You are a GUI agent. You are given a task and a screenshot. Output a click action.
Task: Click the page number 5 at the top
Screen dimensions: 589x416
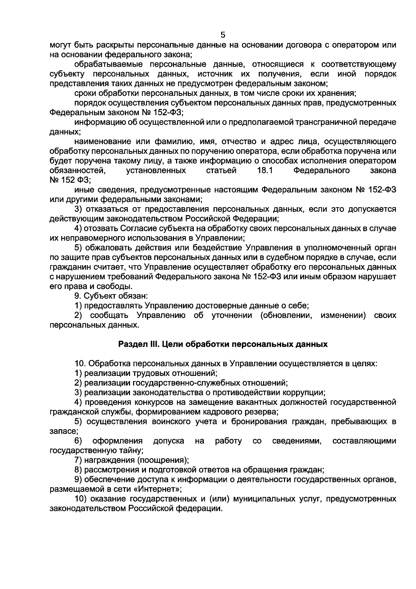[x=223, y=35]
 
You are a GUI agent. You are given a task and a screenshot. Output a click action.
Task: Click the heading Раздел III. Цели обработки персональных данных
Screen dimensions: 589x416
[x=223, y=344]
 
